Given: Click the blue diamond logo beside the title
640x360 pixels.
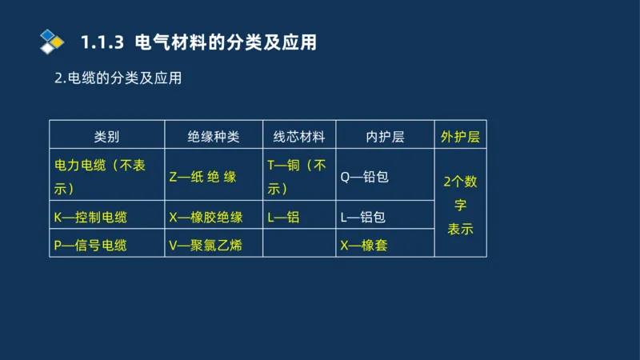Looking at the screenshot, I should tap(51, 42).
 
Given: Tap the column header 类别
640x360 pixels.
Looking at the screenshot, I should tap(106, 137).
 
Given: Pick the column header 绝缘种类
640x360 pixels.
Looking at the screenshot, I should tap(214, 137).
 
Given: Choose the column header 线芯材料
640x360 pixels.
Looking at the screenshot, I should tap(299, 137).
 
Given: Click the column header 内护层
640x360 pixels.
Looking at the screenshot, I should tap(385, 137).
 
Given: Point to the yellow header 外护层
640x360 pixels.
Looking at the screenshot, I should tap(460, 137).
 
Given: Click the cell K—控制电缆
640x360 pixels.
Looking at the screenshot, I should tap(90, 217).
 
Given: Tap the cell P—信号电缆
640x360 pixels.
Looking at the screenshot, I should tap(90, 246).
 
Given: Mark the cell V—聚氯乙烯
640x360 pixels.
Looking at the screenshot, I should tap(206, 246).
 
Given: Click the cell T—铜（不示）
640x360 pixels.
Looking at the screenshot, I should tap(297, 177).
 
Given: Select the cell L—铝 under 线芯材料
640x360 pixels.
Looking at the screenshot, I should tap(283, 217).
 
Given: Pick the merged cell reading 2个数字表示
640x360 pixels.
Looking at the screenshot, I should tap(460, 205).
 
